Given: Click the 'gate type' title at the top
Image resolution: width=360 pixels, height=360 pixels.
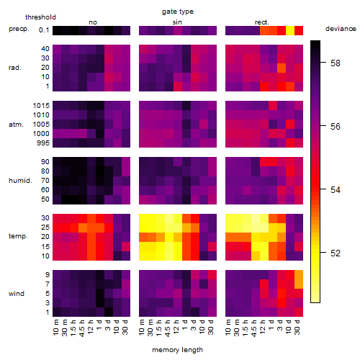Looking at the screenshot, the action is [x=178, y=12].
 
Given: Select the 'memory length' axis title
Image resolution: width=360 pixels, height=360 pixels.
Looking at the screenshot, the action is [x=177, y=350].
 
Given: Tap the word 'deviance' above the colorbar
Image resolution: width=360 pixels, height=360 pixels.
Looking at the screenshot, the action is [x=341, y=29].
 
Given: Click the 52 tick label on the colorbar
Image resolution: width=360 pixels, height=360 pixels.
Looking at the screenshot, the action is [x=336, y=253].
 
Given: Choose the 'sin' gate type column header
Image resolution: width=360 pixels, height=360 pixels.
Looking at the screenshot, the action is [x=177, y=22].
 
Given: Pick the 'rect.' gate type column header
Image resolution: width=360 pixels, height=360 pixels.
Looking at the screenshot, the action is [x=262, y=22].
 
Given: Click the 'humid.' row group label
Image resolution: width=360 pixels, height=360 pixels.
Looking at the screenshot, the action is [x=20, y=181].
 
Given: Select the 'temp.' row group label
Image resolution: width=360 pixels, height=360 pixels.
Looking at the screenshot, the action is [x=18, y=236].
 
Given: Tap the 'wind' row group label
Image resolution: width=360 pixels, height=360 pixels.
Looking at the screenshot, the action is [x=17, y=294].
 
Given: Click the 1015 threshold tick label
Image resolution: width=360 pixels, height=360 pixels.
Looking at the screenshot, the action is [x=41, y=105].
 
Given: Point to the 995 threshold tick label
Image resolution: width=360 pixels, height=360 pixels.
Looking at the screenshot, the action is [x=43, y=143].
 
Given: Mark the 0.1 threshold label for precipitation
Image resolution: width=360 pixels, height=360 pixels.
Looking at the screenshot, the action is [x=44, y=30].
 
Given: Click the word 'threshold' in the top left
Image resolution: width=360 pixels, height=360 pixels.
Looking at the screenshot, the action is [x=40, y=17].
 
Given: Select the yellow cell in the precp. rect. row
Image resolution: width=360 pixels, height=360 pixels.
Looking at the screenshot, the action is [x=290, y=30].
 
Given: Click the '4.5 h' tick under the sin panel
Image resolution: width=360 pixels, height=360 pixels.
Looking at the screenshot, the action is [x=168, y=328].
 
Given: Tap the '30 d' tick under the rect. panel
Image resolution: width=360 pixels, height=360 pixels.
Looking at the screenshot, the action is [x=297, y=327].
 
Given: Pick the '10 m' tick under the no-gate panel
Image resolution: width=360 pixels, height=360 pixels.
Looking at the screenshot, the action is [x=55, y=328].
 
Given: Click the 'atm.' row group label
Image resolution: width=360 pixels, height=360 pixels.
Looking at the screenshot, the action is [x=16, y=125].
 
